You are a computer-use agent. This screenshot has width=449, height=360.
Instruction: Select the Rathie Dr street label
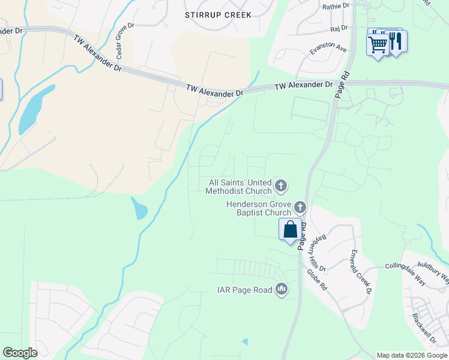click(336, 6)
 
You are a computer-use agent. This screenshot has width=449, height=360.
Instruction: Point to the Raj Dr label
click(339, 28)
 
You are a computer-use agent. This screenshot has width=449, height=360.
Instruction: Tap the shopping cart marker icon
click(378, 44)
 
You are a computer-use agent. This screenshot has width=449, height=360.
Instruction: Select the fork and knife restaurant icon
click(396, 41)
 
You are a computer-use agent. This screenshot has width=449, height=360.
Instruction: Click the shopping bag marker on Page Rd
click(290, 229)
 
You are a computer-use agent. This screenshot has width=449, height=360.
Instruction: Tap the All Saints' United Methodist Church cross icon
click(281, 187)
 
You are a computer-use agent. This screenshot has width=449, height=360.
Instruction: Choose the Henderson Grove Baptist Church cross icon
click(300, 208)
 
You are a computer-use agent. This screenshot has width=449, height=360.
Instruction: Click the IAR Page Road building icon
click(282, 290)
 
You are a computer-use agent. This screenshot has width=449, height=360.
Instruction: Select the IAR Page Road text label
click(244, 290)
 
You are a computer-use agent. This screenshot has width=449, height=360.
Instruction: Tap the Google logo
click(20, 353)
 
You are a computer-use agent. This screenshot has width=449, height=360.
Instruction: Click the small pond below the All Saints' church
click(140, 208)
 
